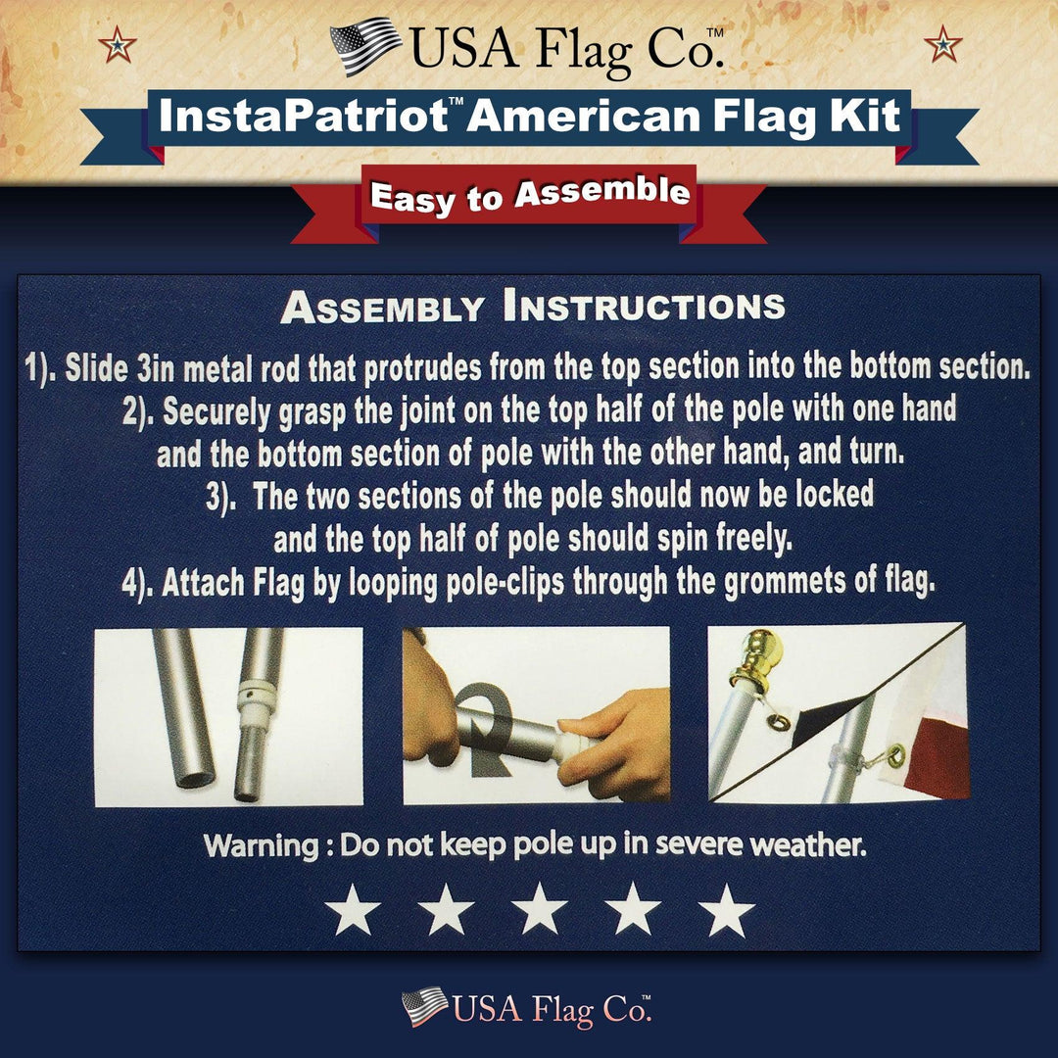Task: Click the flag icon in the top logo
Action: tap(364, 45)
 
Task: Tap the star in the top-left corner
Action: tap(118, 44)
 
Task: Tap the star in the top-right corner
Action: tap(942, 44)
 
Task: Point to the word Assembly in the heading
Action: tap(381, 308)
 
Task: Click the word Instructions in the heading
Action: tap(644, 307)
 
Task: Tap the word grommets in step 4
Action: tap(782, 583)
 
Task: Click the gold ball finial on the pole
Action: tap(760, 650)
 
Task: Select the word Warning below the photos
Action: tap(260, 845)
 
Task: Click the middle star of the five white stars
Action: tap(540, 912)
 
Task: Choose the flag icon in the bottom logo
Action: tap(424, 1006)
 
